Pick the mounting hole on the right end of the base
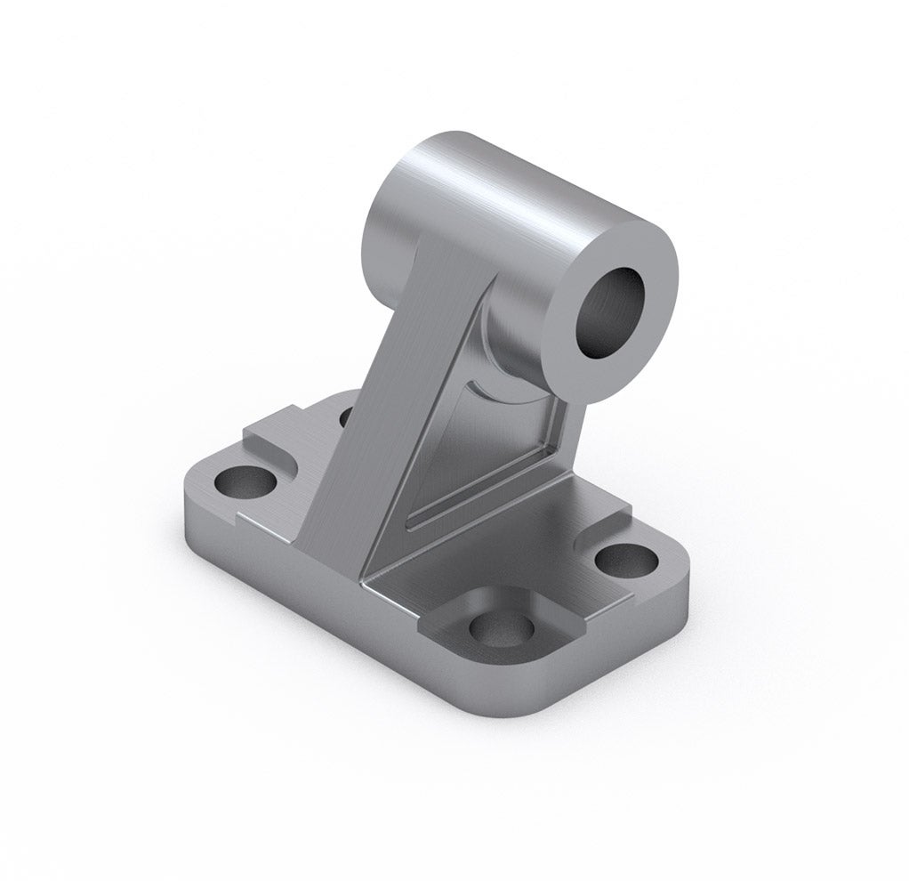[626, 559]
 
